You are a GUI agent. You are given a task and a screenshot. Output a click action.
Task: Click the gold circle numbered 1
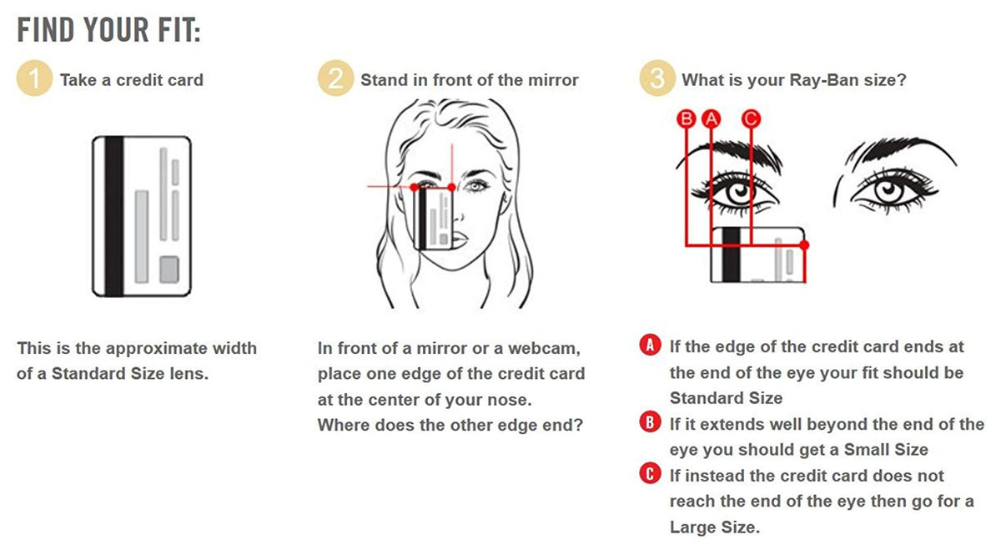click(34, 78)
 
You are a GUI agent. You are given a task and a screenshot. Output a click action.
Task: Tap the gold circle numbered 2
click(335, 78)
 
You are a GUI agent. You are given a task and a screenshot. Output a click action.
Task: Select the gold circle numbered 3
click(657, 78)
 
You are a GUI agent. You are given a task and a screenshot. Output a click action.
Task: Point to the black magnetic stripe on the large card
click(114, 216)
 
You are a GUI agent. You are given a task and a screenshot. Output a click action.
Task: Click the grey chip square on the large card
click(169, 270)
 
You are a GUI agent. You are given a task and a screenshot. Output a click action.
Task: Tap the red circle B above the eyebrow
click(687, 119)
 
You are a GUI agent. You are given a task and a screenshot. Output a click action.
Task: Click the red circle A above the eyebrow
click(711, 119)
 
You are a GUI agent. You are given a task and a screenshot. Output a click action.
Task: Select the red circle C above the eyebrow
click(751, 119)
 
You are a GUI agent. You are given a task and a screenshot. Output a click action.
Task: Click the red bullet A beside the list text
click(650, 346)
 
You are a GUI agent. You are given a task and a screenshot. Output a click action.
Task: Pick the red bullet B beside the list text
click(650, 422)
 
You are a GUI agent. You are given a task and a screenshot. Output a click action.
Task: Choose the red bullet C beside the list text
click(650, 473)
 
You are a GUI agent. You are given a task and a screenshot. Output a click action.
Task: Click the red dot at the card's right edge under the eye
click(804, 245)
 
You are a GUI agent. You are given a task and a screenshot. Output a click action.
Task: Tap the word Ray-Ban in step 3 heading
click(823, 80)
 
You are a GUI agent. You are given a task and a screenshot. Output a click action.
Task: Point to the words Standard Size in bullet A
click(727, 398)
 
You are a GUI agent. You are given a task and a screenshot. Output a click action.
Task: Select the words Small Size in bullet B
click(886, 450)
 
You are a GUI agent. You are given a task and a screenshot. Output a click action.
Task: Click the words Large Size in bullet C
click(714, 527)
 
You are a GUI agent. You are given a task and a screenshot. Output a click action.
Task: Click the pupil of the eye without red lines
click(889, 189)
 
